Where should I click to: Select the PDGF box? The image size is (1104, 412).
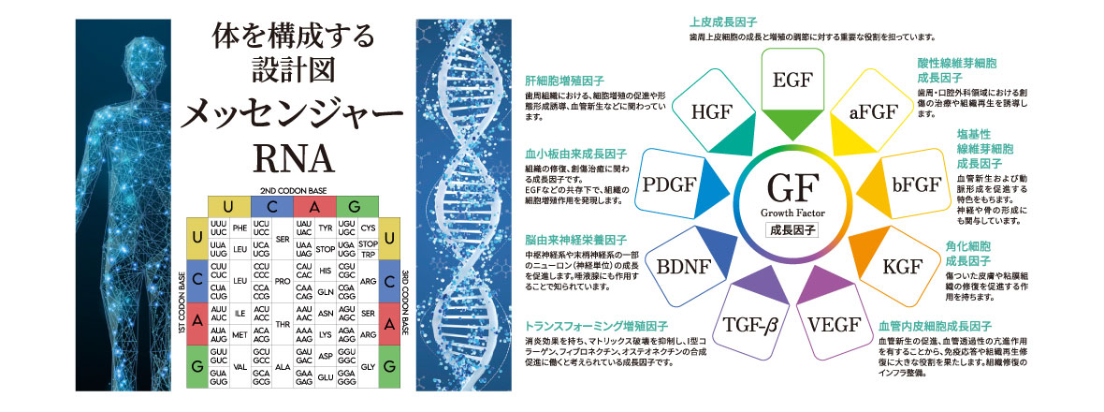(x=666, y=184)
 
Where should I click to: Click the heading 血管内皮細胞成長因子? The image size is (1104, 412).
(x=931, y=326)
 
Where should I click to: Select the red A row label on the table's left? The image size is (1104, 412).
(x=196, y=320)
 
